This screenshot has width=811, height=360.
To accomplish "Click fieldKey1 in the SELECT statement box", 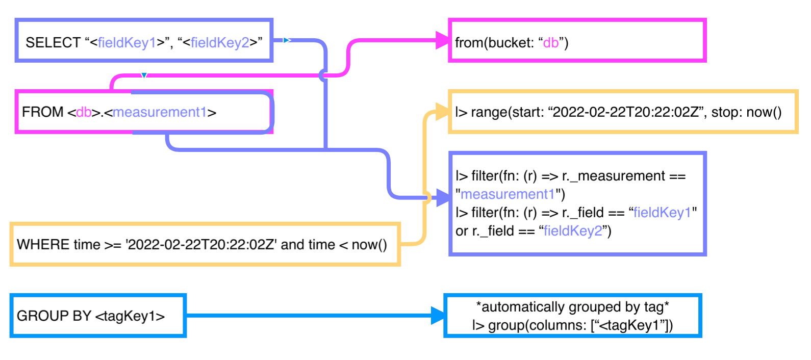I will pos(127,43).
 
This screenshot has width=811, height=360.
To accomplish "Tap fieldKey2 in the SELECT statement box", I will pos(220,43).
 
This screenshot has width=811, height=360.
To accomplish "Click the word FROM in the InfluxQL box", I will pos(42,112).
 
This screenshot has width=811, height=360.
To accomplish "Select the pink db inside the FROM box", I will pos(84,112).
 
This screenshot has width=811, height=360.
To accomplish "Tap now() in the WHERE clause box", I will pos(369,245).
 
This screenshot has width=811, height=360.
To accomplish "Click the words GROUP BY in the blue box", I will pos(54,316).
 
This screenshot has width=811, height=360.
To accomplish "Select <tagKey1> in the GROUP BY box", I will pos(130,316).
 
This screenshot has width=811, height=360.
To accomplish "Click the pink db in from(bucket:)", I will pos(551,43).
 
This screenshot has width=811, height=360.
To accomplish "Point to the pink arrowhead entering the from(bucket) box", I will pos(443,40).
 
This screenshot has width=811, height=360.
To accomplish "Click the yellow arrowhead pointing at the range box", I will pos(443,112).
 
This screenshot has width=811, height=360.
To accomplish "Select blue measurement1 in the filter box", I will pos(508,194).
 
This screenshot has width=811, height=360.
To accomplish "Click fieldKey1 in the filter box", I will pos(662,213).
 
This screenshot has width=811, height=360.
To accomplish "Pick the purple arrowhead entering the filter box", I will pos(443,198).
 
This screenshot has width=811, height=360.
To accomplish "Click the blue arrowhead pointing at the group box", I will pos(438,316).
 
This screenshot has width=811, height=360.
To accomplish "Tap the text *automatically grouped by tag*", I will pos(572,307).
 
